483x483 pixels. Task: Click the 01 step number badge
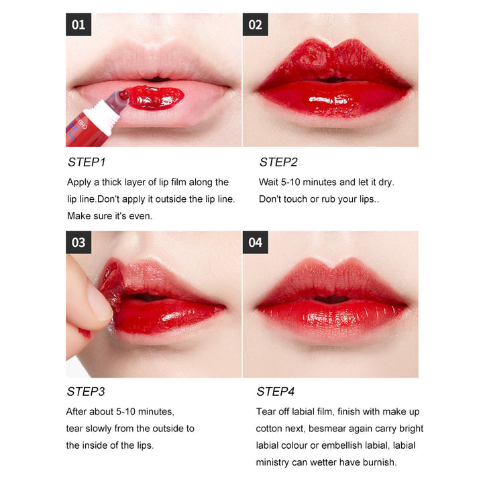[78, 25]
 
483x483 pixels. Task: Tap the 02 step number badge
[255, 25]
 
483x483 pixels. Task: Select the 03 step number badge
[78, 242]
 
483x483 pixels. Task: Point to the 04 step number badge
[255, 242]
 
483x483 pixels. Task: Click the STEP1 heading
[87, 162]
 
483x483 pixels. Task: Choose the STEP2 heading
[278, 162]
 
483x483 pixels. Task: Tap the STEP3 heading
[85, 392]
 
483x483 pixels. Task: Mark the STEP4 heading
[276, 392]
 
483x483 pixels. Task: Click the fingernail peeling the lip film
[99, 305]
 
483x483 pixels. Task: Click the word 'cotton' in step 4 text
[270, 428]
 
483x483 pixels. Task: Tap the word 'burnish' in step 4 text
[380, 462]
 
